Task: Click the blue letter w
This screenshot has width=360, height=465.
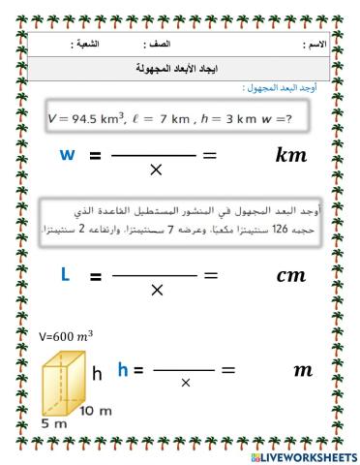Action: coord(67,155)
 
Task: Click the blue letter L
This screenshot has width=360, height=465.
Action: coord(65,274)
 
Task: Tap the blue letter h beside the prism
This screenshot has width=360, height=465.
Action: coord(123,369)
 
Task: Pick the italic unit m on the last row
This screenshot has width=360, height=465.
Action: coord(302,370)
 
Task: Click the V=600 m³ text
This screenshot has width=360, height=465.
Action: coord(67,335)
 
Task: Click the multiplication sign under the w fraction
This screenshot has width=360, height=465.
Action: coord(156,171)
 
